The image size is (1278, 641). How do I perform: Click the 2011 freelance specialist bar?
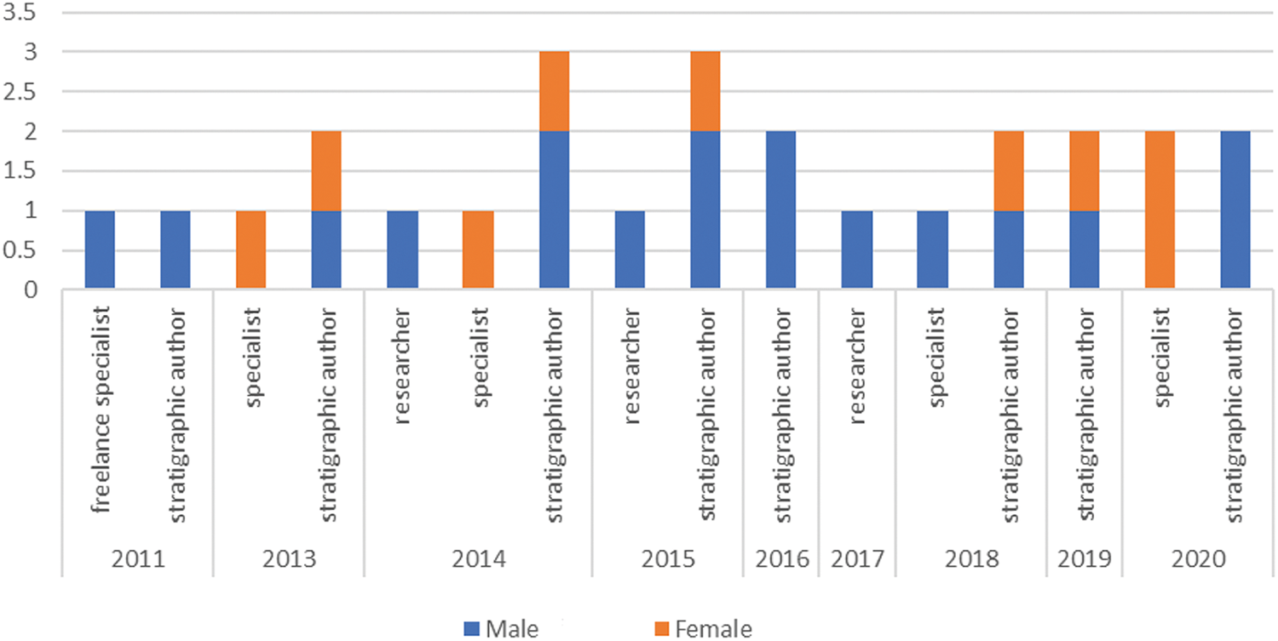click(100, 250)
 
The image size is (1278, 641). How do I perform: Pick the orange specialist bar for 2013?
click(250, 250)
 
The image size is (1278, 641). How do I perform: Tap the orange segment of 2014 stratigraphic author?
click(554, 91)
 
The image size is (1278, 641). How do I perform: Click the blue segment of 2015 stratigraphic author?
click(705, 210)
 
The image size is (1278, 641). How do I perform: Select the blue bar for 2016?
click(780, 210)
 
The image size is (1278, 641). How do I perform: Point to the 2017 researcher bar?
click(856, 250)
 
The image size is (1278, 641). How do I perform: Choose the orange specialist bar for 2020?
click(1160, 210)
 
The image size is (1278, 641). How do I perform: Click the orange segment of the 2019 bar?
click(1084, 170)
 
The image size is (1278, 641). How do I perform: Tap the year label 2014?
click(478, 560)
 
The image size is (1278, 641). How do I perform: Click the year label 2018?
click(970, 560)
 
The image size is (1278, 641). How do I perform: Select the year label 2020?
click(1197, 560)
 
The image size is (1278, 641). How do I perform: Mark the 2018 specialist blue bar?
click(932, 250)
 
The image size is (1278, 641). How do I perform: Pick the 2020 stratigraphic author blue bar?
click(1235, 210)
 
